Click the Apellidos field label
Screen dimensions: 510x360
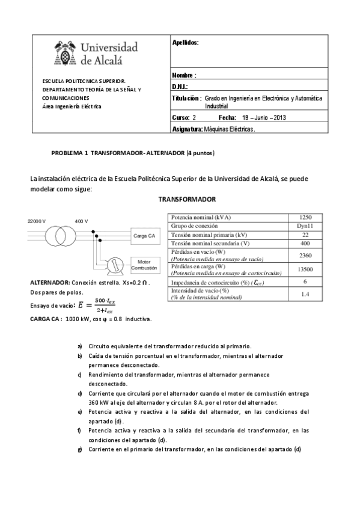click(x=185, y=43)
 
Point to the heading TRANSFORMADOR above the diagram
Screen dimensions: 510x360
click(x=187, y=199)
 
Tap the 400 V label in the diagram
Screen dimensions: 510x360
click(x=81, y=221)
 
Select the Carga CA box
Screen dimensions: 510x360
click(x=144, y=236)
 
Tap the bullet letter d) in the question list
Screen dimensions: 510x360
click(x=81, y=393)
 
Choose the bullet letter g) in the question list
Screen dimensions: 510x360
click(x=80, y=450)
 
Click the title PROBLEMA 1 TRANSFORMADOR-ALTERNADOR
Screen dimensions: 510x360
click(x=133, y=153)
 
